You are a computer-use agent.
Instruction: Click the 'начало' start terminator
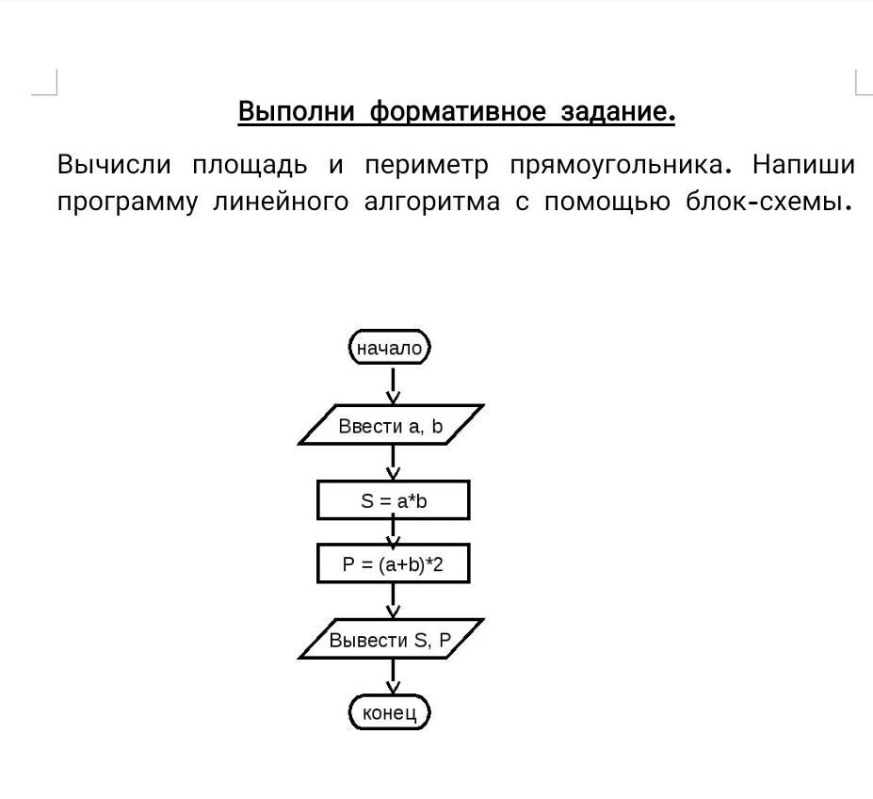pyautogui.click(x=390, y=347)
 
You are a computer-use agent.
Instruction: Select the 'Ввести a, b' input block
pyautogui.click(x=391, y=425)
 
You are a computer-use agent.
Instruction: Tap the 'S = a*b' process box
pyautogui.click(x=393, y=500)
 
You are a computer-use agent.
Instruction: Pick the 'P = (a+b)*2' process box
pyautogui.click(x=393, y=563)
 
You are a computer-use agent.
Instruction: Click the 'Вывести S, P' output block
pyautogui.click(x=391, y=639)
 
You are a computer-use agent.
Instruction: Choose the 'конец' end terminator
pyautogui.click(x=390, y=712)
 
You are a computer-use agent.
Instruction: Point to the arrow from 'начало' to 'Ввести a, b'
pyautogui.click(x=393, y=385)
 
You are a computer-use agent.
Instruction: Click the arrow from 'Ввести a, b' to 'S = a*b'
pyautogui.click(x=393, y=463)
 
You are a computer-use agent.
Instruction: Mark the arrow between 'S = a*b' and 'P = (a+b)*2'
pyautogui.click(x=393, y=532)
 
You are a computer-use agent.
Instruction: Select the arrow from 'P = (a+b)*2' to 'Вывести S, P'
pyautogui.click(x=393, y=601)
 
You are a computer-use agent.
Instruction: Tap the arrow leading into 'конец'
pyautogui.click(x=393, y=677)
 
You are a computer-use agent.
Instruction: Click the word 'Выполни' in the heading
pyautogui.click(x=297, y=111)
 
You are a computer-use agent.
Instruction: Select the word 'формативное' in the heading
pyautogui.click(x=459, y=112)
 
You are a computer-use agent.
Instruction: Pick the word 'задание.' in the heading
pyautogui.click(x=618, y=112)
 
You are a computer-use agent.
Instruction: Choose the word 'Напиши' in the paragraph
pyautogui.click(x=803, y=164)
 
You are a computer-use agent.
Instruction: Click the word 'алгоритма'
pyautogui.click(x=432, y=202)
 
